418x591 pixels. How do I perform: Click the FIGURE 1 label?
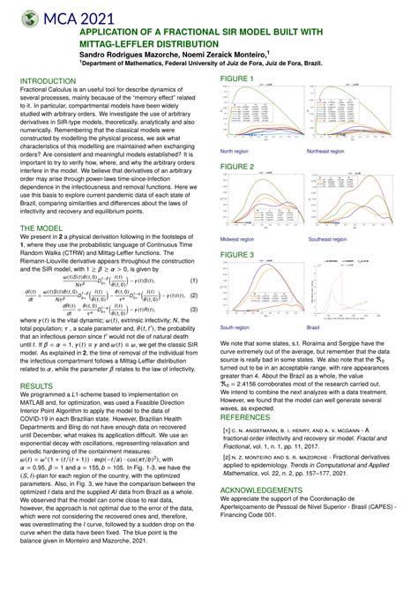[x=237, y=79]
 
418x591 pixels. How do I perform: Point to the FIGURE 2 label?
[x=237, y=166]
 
